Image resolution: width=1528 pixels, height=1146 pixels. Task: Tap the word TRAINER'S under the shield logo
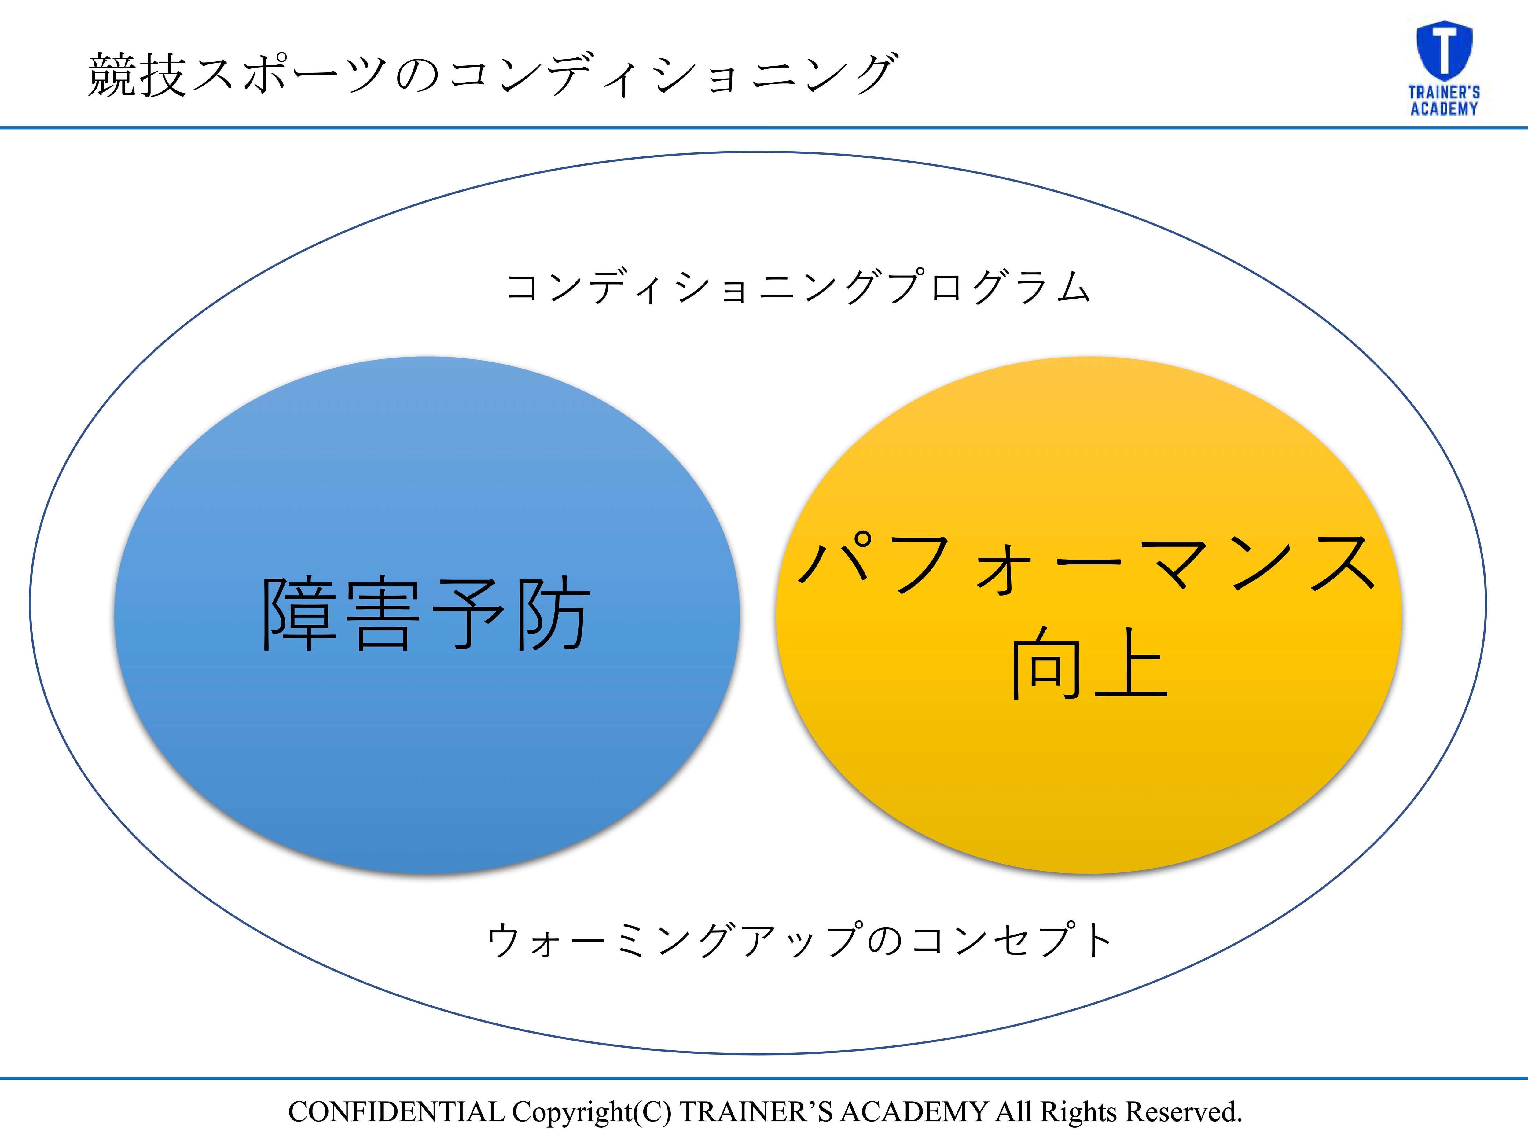pyautogui.click(x=1444, y=92)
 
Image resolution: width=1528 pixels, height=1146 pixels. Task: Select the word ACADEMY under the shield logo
pyautogui.click(x=1444, y=108)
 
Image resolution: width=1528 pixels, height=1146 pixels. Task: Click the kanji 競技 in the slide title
pyautogui.click(x=138, y=75)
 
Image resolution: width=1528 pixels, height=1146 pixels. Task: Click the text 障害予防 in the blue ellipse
pyautogui.click(x=426, y=613)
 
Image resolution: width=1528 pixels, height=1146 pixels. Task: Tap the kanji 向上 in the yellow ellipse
pyautogui.click(x=1089, y=663)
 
